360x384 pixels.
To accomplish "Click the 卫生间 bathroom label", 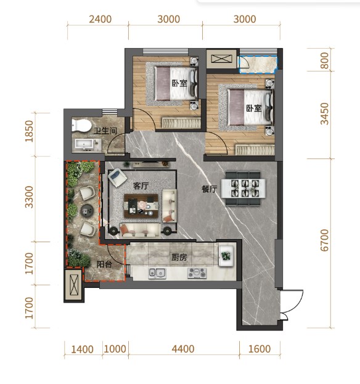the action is [x=105, y=131].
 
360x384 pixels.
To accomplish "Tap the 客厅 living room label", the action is [x=141, y=186].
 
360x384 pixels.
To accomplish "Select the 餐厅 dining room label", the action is [x=210, y=189].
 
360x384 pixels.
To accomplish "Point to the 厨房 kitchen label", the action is [x=179, y=257].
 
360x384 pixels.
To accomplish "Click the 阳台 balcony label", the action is [x=104, y=264].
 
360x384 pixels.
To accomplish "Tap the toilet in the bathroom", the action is [x=81, y=125].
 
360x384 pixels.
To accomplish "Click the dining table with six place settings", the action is [x=243, y=188].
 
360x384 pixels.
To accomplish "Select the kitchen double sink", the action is [x=157, y=273].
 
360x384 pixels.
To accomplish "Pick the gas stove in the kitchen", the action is [x=197, y=273].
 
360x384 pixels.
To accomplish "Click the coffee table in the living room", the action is [x=141, y=206].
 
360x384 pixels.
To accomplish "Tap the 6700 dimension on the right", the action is [x=324, y=240].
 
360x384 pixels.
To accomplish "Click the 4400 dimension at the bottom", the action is [x=183, y=349].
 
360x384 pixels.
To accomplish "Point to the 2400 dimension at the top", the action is [x=100, y=19].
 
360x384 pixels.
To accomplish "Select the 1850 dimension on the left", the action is [x=29, y=131].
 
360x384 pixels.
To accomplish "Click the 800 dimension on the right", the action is [x=324, y=60].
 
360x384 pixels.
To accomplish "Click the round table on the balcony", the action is [x=87, y=211].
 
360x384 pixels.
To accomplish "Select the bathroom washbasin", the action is [x=84, y=144].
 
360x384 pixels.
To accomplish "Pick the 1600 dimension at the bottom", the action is [x=260, y=349].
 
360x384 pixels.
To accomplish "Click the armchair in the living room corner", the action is [x=117, y=178].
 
